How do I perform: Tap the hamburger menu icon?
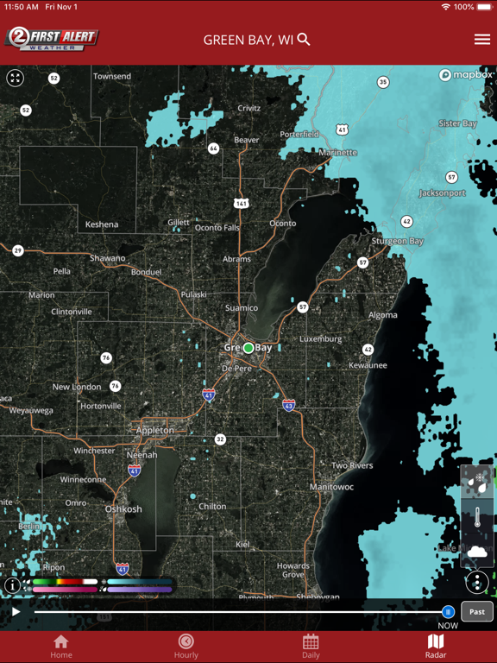(481, 40)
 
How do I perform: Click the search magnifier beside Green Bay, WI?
(304, 40)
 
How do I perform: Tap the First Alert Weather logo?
(52, 39)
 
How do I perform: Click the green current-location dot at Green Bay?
(248, 348)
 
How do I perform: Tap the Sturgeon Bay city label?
(398, 242)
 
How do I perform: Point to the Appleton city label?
(155, 430)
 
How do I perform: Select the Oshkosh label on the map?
(123, 509)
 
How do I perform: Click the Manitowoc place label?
(331, 487)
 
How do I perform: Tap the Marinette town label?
(337, 153)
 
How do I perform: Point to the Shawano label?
(108, 258)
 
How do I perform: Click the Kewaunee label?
(368, 365)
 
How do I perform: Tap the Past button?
(477, 611)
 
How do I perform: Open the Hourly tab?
(186, 646)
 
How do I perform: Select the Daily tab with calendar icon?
(311, 646)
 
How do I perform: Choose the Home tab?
(60, 646)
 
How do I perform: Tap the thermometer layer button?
(477, 518)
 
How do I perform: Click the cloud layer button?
(477, 552)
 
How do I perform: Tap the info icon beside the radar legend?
(12, 585)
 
